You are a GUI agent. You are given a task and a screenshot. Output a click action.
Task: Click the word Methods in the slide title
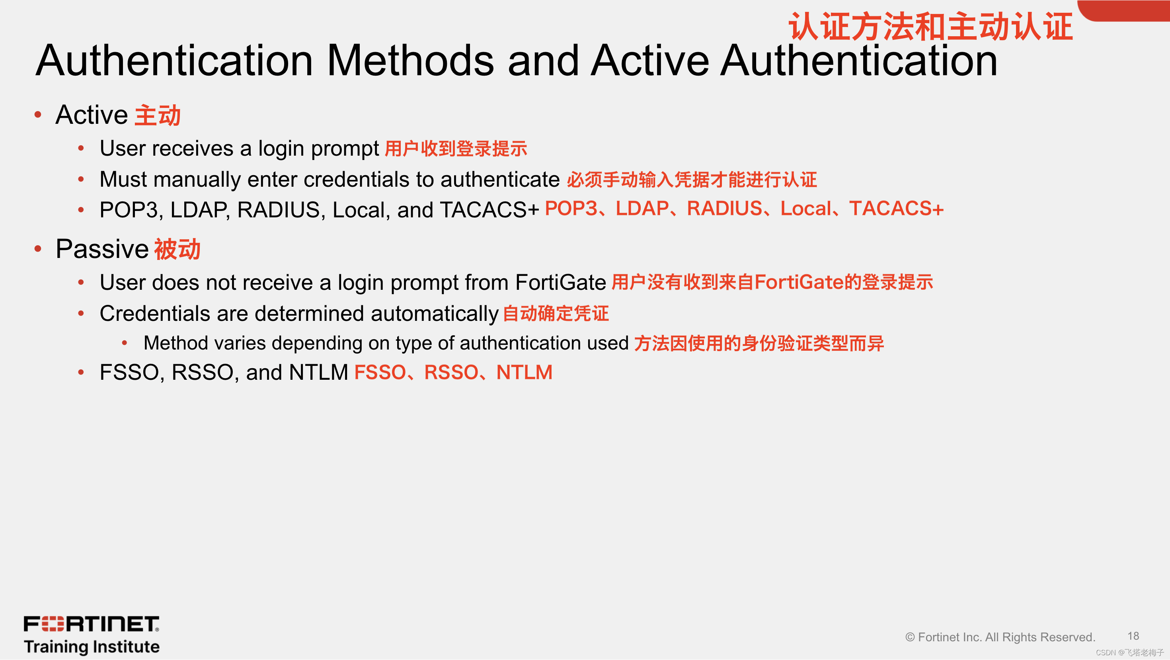coord(410,61)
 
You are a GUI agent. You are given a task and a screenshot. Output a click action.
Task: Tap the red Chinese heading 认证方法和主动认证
coord(930,26)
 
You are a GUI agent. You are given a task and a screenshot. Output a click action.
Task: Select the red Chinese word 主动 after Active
coord(158,115)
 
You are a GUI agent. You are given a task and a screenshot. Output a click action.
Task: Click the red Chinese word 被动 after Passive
coord(177,249)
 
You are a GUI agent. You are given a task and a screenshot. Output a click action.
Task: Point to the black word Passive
coord(102,249)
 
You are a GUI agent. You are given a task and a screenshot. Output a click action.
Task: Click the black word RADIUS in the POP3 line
coord(279,210)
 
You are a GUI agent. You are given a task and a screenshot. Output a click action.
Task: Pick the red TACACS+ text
coord(897,209)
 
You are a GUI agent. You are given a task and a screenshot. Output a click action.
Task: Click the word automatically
coord(435,314)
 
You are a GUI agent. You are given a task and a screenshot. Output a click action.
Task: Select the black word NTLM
coord(318,373)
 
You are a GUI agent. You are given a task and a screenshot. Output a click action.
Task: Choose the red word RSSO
coord(451,373)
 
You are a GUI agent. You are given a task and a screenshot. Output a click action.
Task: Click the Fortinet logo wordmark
coord(91,624)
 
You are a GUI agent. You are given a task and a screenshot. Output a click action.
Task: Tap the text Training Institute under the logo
coord(92,647)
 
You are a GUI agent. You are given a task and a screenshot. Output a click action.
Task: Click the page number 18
coord(1133,636)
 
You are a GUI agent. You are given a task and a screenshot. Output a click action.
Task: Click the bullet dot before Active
coord(38,115)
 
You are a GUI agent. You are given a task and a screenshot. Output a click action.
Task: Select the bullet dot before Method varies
coord(125,344)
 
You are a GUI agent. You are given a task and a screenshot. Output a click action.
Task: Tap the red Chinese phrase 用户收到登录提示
coord(456,149)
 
